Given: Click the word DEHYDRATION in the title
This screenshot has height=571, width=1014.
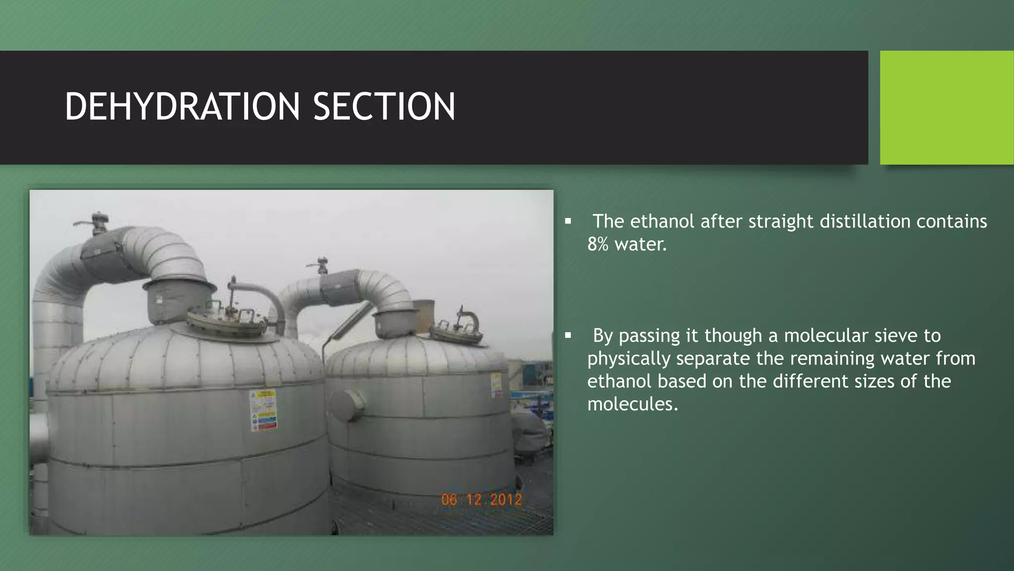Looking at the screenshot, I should click(182, 107).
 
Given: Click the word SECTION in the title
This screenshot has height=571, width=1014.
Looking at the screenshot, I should click(384, 107).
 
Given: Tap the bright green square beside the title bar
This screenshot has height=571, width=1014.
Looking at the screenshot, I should click(946, 107).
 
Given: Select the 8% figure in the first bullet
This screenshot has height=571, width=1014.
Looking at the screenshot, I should click(597, 244).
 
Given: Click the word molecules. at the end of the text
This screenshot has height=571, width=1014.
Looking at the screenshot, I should click(632, 404).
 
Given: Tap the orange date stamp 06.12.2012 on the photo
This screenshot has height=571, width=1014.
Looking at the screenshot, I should click(481, 499).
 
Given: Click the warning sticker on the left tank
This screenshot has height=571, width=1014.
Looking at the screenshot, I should click(263, 410).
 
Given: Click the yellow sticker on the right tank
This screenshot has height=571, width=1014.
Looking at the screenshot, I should click(496, 385).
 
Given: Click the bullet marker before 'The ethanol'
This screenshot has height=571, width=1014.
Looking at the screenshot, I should click(568, 222).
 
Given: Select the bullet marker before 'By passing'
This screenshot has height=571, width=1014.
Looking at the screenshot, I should click(568, 336).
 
